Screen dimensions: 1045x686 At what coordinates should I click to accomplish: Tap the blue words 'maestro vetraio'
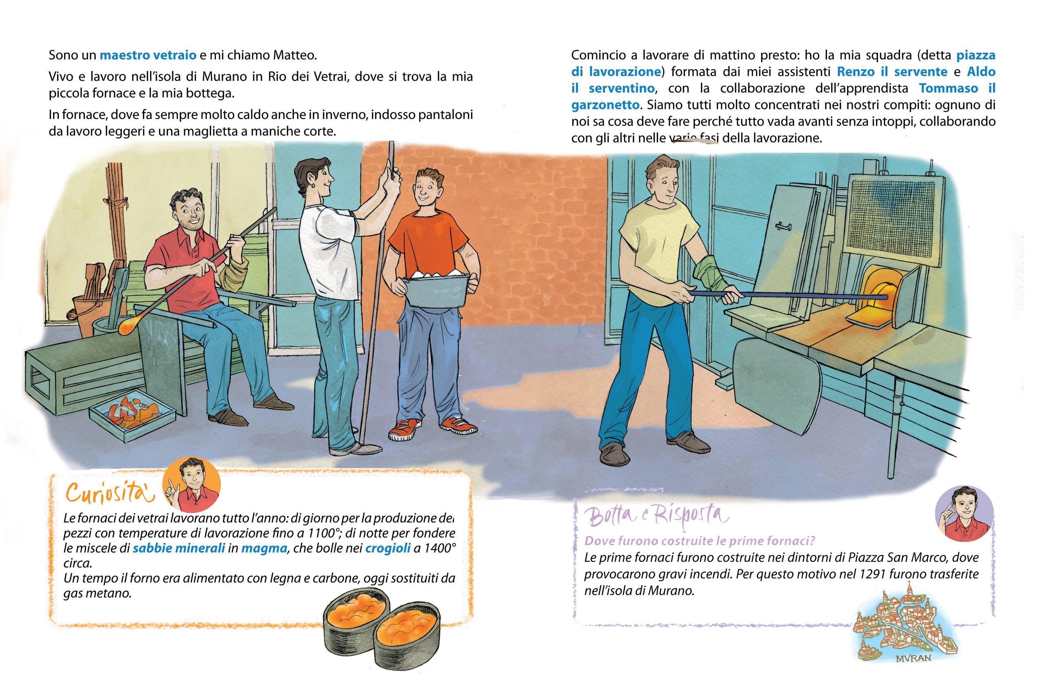[148, 56]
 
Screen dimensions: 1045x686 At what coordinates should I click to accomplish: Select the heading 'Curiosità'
[110, 493]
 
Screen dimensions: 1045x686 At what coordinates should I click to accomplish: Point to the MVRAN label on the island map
[913, 658]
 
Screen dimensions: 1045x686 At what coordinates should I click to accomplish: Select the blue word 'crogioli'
[388, 548]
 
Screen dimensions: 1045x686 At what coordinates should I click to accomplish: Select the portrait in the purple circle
[965, 513]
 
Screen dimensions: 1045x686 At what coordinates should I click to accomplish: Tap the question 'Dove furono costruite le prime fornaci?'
[699, 541]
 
